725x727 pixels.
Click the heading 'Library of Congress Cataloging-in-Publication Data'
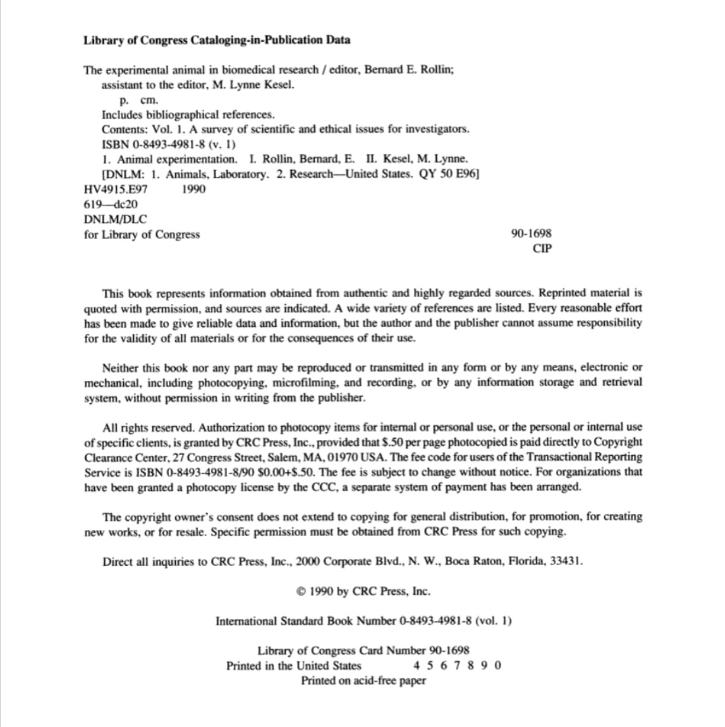(217, 40)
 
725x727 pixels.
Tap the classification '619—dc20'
(111, 204)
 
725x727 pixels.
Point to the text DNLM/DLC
(115, 219)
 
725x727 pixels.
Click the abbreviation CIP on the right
(542, 248)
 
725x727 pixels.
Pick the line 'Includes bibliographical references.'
(188, 115)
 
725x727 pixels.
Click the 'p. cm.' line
(140, 100)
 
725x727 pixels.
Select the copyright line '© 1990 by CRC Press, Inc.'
(363, 592)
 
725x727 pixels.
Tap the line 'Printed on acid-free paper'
(363, 681)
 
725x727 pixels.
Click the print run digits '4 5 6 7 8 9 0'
(457, 666)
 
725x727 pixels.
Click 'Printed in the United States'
(294, 666)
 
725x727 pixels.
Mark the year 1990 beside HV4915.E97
(193, 189)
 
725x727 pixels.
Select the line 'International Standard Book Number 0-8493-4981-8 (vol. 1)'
(363, 621)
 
